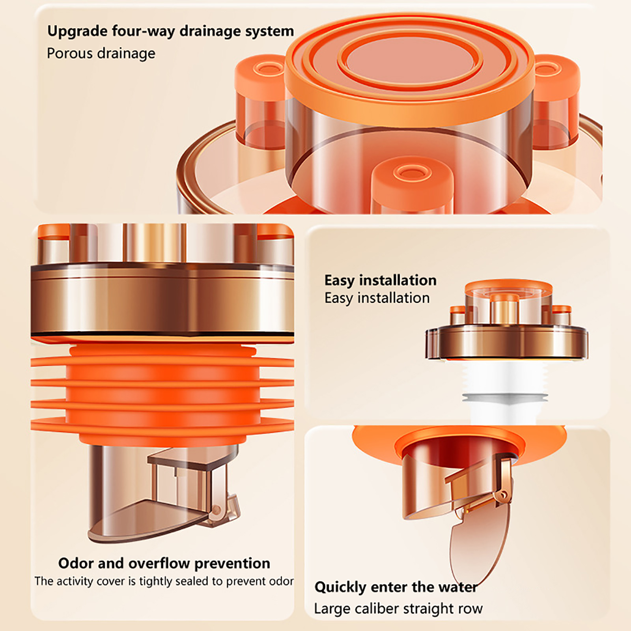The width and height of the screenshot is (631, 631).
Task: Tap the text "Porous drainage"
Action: click(101, 53)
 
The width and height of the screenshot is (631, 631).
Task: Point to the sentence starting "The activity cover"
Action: click(164, 581)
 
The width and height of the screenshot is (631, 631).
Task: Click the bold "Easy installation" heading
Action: click(381, 280)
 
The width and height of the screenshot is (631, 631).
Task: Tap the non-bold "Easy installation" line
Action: click(377, 298)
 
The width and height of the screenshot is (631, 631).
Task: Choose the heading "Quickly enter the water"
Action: click(396, 587)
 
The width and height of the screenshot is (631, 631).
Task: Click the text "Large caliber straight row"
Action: click(398, 609)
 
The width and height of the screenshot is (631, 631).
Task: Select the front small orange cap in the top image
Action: click(412, 185)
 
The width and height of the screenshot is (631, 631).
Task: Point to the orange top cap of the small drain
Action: click(509, 287)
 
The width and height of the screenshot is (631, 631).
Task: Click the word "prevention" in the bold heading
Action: click(232, 563)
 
